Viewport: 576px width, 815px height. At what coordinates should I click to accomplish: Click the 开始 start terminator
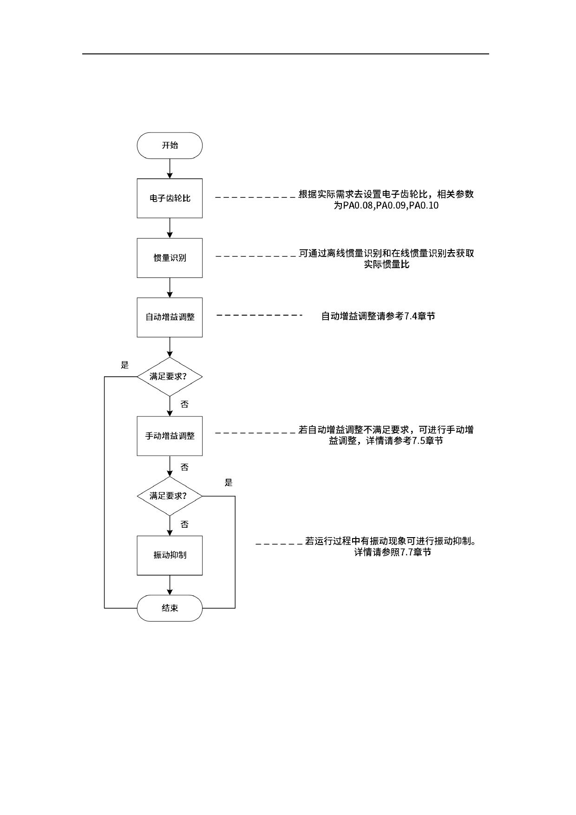pyautogui.click(x=170, y=145)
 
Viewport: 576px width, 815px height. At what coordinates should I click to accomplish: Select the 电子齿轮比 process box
pyautogui.click(x=170, y=198)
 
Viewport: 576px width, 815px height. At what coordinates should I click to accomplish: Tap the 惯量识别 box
pyautogui.click(x=170, y=258)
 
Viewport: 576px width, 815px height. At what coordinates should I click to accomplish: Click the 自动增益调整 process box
pyautogui.click(x=170, y=317)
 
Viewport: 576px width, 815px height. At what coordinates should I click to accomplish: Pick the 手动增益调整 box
pyautogui.click(x=170, y=436)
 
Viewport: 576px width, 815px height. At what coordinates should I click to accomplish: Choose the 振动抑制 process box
pyautogui.click(x=170, y=555)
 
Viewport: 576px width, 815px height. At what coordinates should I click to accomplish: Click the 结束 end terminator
pyautogui.click(x=170, y=608)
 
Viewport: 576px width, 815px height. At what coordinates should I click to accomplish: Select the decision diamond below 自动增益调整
pyautogui.click(x=170, y=376)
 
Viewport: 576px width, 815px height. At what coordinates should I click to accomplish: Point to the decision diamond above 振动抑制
pyautogui.click(x=170, y=496)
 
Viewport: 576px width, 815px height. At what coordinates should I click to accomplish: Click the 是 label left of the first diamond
pyautogui.click(x=124, y=365)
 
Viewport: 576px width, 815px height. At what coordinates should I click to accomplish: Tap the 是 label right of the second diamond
pyautogui.click(x=229, y=483)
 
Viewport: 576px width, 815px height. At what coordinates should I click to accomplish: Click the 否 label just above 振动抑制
pyautogui.click(x=184, y=525)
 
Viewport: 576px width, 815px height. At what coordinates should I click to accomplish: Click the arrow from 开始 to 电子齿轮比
pyautogui.click(x=170, y=169)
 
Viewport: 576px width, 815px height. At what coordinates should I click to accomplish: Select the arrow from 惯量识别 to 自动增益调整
pyautogui.click(x=170, y=288)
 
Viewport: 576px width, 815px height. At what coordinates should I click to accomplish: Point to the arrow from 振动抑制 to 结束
pyautogui.click(x=170, y=585)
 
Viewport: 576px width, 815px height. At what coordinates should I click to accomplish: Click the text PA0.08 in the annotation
pyautogui.click(x=358, y=206)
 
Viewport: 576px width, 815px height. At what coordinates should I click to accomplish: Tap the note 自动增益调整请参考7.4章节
pyautogui.click(x=378, y=316)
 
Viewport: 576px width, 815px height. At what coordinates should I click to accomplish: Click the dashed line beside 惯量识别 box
pyautogui.click(x=255, y=256)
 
